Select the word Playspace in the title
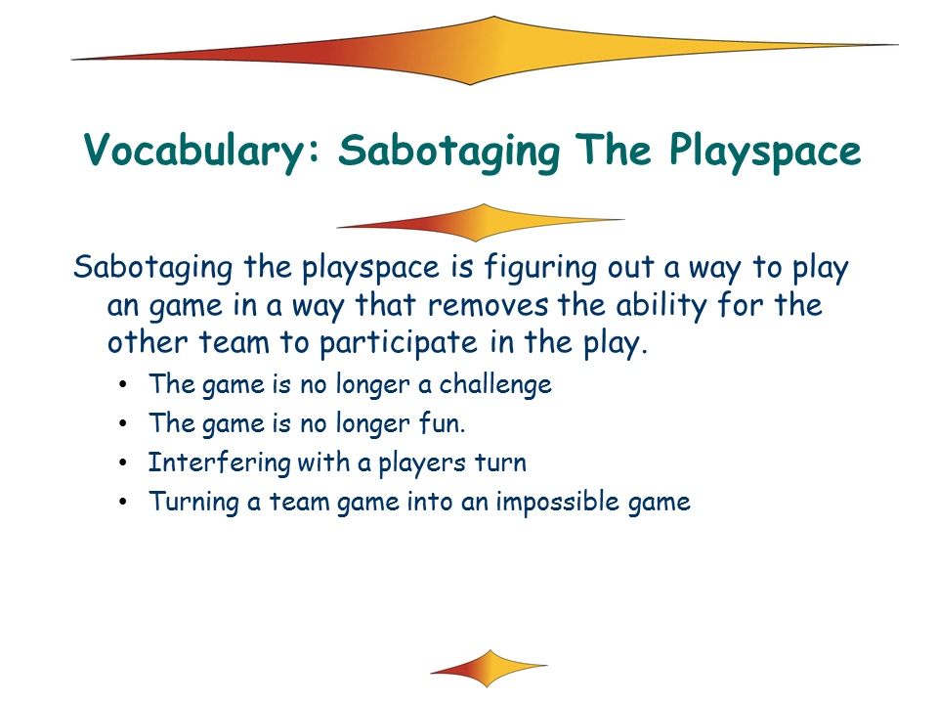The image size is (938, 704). point(765,151)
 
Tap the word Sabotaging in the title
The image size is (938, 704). point(448,151)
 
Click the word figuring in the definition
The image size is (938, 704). point(540,268)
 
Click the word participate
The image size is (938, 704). point(399,343)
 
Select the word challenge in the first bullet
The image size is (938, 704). point(495,385)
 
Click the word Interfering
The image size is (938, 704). point(220,462)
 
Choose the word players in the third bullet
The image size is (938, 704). point(422,463)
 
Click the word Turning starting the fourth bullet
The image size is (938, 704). point(193,502)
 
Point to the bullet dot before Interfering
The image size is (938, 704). point(123,462)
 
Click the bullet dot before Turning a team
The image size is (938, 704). point(123,502)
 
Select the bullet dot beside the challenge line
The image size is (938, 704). point(123,384)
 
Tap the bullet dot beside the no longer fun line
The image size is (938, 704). point(123,423)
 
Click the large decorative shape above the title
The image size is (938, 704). point(485,51)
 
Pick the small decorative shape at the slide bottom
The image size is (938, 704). point(489,669)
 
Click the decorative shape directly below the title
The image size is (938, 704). point(481,223)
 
